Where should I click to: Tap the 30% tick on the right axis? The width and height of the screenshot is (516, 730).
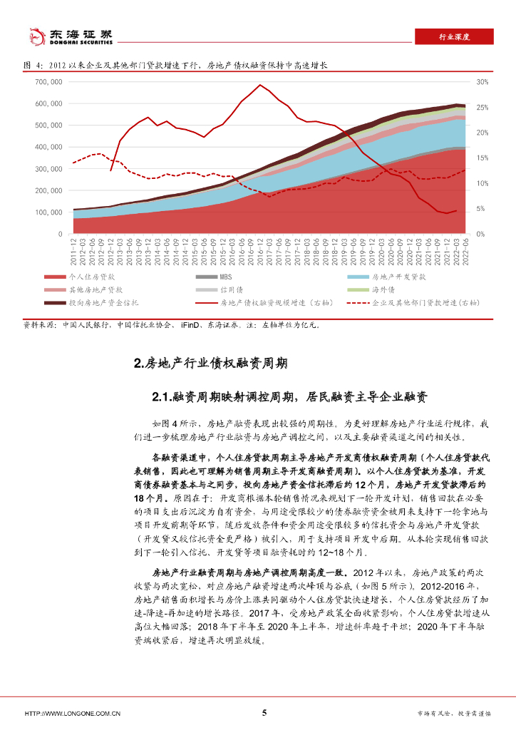pos(482,82)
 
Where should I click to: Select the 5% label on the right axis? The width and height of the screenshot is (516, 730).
pos(480,209)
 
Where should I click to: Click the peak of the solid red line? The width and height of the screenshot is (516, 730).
pos(260,85)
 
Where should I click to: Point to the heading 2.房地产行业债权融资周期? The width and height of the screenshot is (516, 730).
pos(210,364)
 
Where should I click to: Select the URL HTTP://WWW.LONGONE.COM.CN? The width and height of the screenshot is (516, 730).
pos(73,713)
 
